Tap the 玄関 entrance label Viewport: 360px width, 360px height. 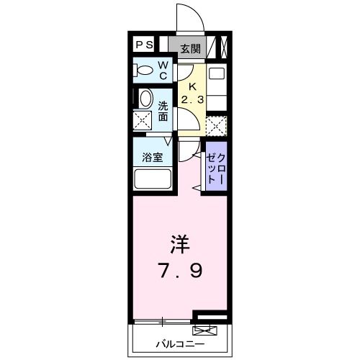pos(190,49)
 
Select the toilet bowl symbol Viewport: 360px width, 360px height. pos(144,71)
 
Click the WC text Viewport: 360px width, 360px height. pos(163,71)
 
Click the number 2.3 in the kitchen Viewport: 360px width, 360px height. pos(192,99)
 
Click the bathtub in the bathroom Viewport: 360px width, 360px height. pos(153,179)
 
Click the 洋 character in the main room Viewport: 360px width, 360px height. pos(180,245)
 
